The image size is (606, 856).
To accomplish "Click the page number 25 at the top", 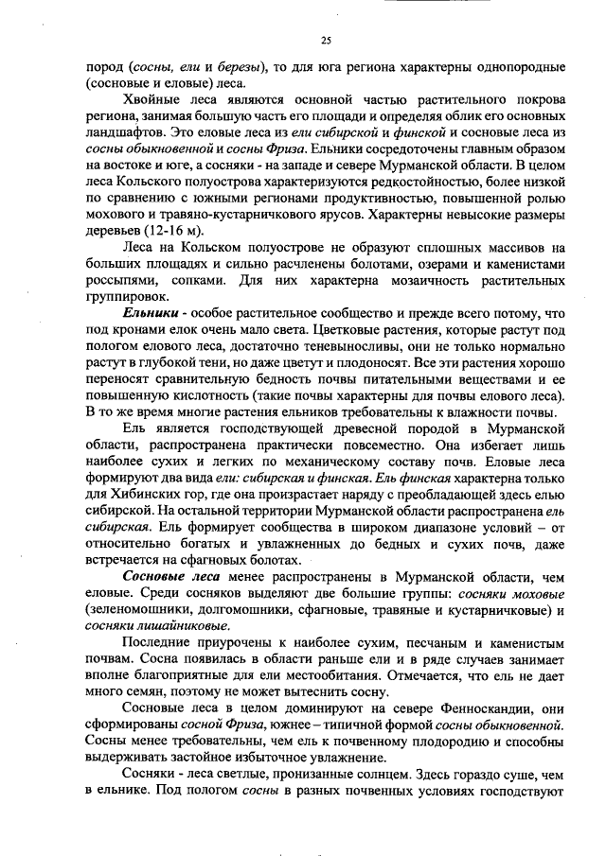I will [325, 40].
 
